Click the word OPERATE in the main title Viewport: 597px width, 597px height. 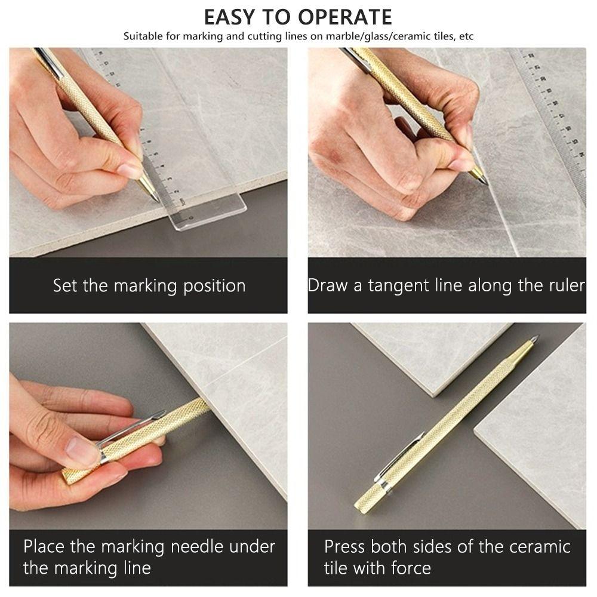coord(341,17)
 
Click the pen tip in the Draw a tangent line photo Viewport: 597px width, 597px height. coord(484,181)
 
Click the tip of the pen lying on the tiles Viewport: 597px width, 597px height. coord(535,338)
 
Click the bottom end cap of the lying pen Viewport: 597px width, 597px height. coord(360,508)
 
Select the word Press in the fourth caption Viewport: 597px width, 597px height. coord(345,546)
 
